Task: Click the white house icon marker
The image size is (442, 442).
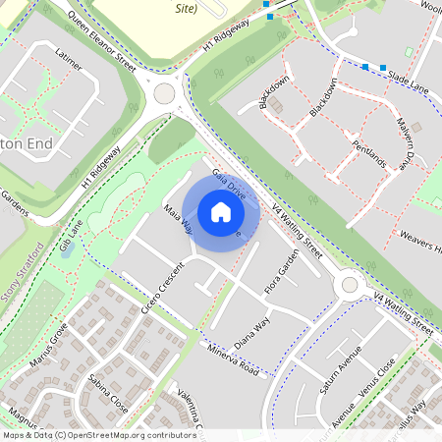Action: click(221, 212)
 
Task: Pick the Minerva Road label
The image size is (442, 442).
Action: click(233, 359)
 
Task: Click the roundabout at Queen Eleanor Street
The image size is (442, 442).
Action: click(164, 94)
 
